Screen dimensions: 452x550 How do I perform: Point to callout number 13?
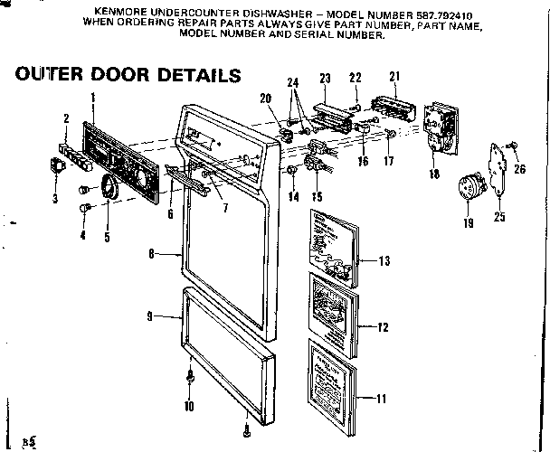click(384, 261)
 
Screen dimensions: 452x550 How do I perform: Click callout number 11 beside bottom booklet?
click(383, 397)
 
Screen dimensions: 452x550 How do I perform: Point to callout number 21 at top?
click(394, 76)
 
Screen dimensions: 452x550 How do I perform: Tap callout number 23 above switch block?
click(325, 77)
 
